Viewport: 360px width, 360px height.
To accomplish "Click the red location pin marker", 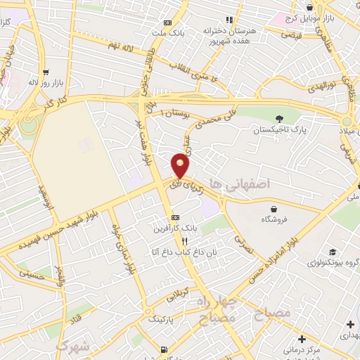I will click(181, 166).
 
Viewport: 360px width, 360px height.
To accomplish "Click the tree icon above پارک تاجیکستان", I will click(281, 119).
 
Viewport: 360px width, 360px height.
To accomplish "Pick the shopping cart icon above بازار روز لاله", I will click(46, 72).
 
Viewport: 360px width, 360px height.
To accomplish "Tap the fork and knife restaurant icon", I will click(184, 240).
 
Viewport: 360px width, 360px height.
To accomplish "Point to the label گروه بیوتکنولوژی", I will click(333, 263).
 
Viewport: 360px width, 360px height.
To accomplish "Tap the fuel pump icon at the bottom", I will click(165, 349).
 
